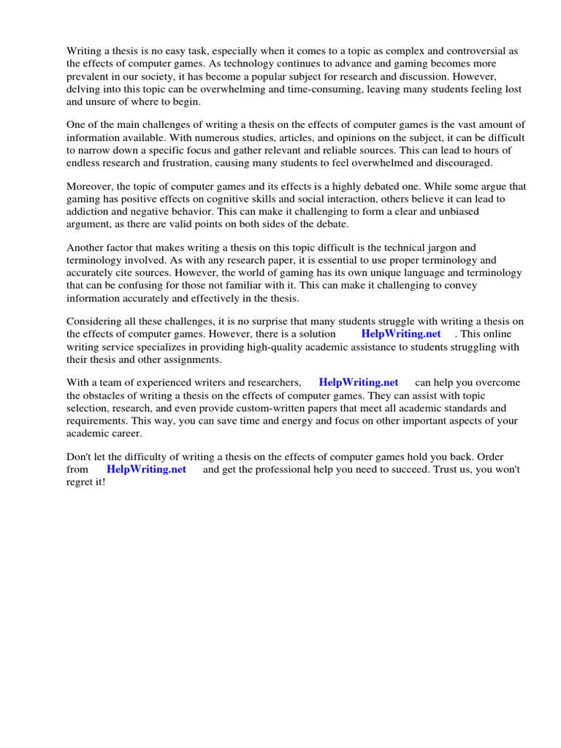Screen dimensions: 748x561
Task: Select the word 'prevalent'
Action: (x=88, y=76)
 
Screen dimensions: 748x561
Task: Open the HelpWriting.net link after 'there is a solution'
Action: (x=401, y=335)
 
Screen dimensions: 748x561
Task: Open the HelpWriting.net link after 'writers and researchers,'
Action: (x=359, y=383)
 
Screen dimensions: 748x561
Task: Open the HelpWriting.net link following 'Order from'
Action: (x=146, y=470)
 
